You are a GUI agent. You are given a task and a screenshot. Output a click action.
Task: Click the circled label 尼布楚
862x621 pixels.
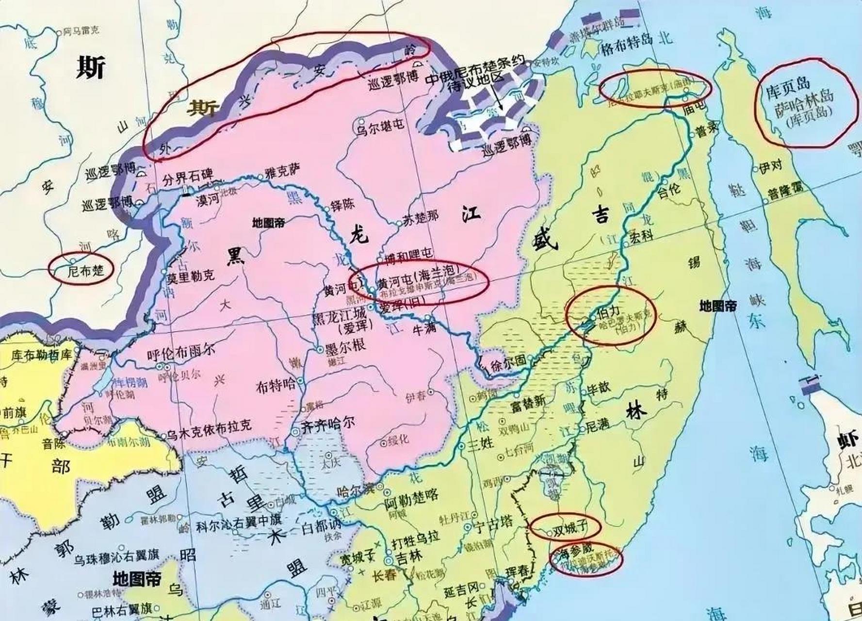pyautogui.click(x=86, y=270)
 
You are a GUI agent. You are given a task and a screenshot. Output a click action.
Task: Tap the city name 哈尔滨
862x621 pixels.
pyautogui.click(x=356, y=489)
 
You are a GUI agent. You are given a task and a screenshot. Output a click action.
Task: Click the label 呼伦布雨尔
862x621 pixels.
pyautogui.click(x=182, y=355)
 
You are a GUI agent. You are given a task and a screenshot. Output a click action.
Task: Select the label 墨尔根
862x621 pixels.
pyautogui.click(x=345, y=346)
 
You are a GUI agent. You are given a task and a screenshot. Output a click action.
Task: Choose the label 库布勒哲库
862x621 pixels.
pyautogui.click(x=41, y=354)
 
